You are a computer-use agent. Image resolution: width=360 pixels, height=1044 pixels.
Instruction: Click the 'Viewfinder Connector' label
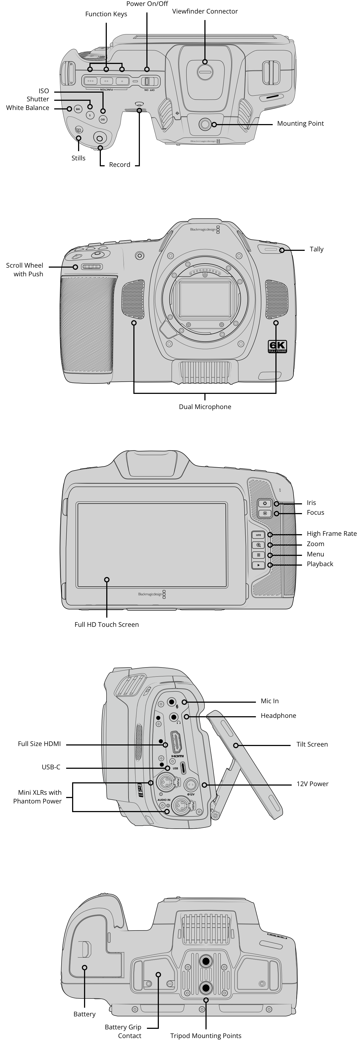[x=205, y=11]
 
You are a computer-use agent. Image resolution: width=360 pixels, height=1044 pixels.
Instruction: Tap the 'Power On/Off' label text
[x=147, y=4]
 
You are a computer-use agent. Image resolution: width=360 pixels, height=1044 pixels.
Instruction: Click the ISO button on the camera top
[x=103, y=119]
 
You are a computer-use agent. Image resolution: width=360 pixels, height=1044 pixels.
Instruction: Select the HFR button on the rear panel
[x=258, y=535]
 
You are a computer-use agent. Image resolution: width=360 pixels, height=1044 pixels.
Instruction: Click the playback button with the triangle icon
[x=258, y=565]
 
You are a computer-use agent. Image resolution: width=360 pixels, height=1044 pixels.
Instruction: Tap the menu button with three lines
[x=258, y=555]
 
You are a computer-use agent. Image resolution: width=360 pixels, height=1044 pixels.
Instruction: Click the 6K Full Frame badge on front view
[x=278, y=346]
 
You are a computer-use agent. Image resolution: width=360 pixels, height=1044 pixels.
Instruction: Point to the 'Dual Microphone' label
[x=205, y=407]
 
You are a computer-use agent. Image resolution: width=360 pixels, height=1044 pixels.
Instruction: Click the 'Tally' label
[x=317, y=249]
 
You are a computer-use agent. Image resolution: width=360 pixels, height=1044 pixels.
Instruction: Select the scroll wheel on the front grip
[x=92, y=267]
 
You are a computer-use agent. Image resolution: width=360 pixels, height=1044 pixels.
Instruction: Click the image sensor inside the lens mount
[x=205, y=299]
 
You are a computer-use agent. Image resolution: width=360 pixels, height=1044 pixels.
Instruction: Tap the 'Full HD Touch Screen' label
[x=107, y=625]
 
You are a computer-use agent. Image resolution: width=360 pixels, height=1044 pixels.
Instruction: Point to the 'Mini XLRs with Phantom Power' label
[x=37, y=797]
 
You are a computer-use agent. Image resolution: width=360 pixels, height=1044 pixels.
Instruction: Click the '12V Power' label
[x=313, y=784]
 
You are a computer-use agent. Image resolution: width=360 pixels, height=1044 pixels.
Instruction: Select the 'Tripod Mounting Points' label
[x=206, y=1036]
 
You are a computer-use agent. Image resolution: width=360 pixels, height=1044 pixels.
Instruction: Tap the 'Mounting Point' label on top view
[x=300, y=124]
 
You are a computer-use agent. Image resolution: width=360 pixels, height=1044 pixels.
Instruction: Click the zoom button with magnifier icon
[x=258, y=545]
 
